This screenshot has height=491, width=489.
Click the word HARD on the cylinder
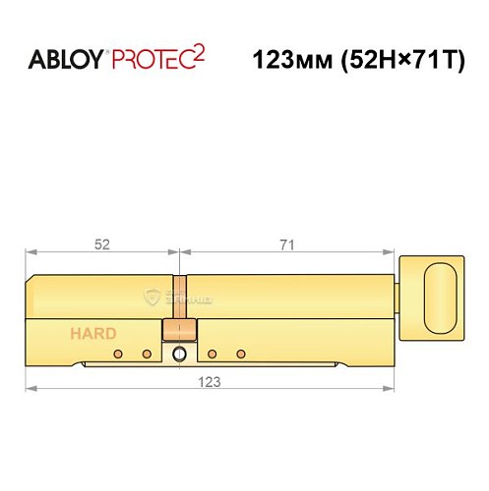point(92,333)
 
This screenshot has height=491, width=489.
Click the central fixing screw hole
point(179,354)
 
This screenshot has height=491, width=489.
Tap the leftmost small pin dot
point(118,353)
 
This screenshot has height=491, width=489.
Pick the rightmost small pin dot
point(241,353)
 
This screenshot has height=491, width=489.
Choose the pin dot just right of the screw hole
point(212,353)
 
